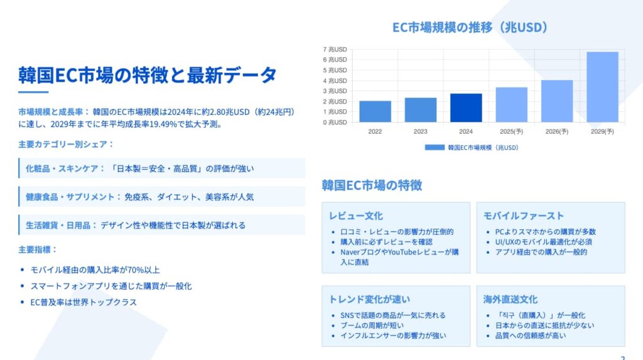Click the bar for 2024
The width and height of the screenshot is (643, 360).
coord(466,108)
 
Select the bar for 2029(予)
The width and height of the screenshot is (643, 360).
coord(602,87)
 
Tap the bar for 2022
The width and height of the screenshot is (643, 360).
coord(376,112)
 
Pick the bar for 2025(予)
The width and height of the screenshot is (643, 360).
coord(511,105)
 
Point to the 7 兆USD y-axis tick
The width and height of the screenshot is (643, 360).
coord(335,50)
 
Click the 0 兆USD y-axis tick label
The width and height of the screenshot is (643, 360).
coord(335,123)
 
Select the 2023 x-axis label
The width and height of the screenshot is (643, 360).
coord(420,132)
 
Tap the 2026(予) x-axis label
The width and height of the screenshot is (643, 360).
coord(557,132)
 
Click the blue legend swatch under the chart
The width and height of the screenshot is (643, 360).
coord(435,148)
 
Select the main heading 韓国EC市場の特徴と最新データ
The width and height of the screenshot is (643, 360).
coord(148,75)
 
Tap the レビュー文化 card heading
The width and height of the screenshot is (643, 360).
coord(355,216)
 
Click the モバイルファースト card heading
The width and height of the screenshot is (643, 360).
coord(524,216)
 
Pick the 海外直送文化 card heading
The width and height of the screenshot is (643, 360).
coord(510,300)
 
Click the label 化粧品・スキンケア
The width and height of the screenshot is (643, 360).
coord(62,169)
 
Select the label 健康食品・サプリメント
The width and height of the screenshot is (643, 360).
coord(70,197)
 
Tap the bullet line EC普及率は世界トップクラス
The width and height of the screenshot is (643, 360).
coord(84,303)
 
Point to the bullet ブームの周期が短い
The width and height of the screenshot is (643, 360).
coord(372,325)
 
